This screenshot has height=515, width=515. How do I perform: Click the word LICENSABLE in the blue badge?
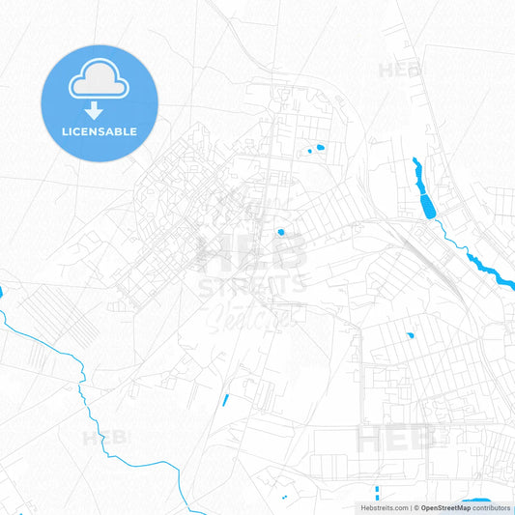100,131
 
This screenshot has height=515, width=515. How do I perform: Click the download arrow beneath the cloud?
99,109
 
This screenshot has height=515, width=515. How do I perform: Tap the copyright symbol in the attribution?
416,507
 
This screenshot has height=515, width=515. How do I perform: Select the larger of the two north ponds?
319,149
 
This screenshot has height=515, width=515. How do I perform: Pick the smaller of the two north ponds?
309,152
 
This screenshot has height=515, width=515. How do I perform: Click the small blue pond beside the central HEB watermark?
280,232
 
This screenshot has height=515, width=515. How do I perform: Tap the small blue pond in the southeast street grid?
411,335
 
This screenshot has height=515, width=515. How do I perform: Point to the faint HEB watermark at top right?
399,71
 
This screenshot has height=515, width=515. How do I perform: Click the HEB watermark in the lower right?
397,440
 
